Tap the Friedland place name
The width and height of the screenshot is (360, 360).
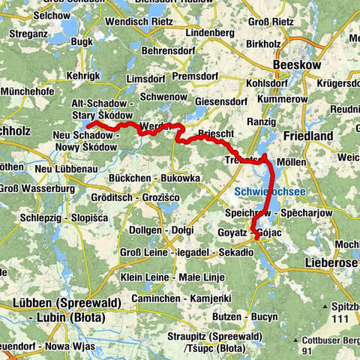308,136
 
